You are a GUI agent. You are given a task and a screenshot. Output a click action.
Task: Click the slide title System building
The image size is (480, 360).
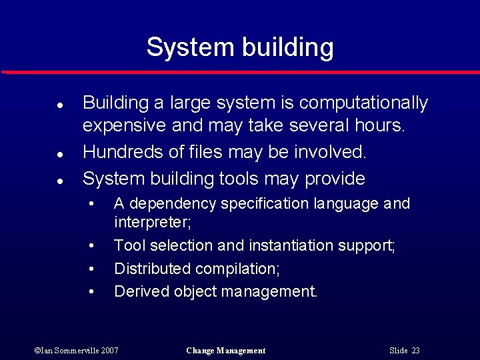(240, 47)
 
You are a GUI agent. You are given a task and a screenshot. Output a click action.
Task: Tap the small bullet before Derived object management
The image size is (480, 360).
(92, 291)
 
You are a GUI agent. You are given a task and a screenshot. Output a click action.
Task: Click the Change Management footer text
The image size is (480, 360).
(226, 351)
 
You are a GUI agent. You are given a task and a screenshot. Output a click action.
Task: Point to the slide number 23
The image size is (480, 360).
(415, 351)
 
